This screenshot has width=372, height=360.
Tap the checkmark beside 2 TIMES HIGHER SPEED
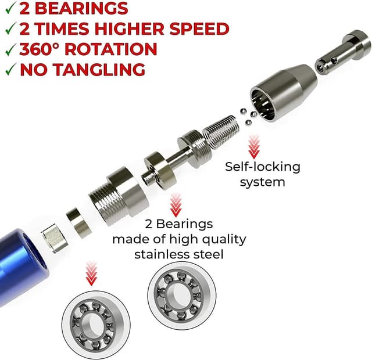9,29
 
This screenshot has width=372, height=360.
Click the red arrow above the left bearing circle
91,273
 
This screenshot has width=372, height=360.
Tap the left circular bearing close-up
89,323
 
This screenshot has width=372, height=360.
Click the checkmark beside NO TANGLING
9,70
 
